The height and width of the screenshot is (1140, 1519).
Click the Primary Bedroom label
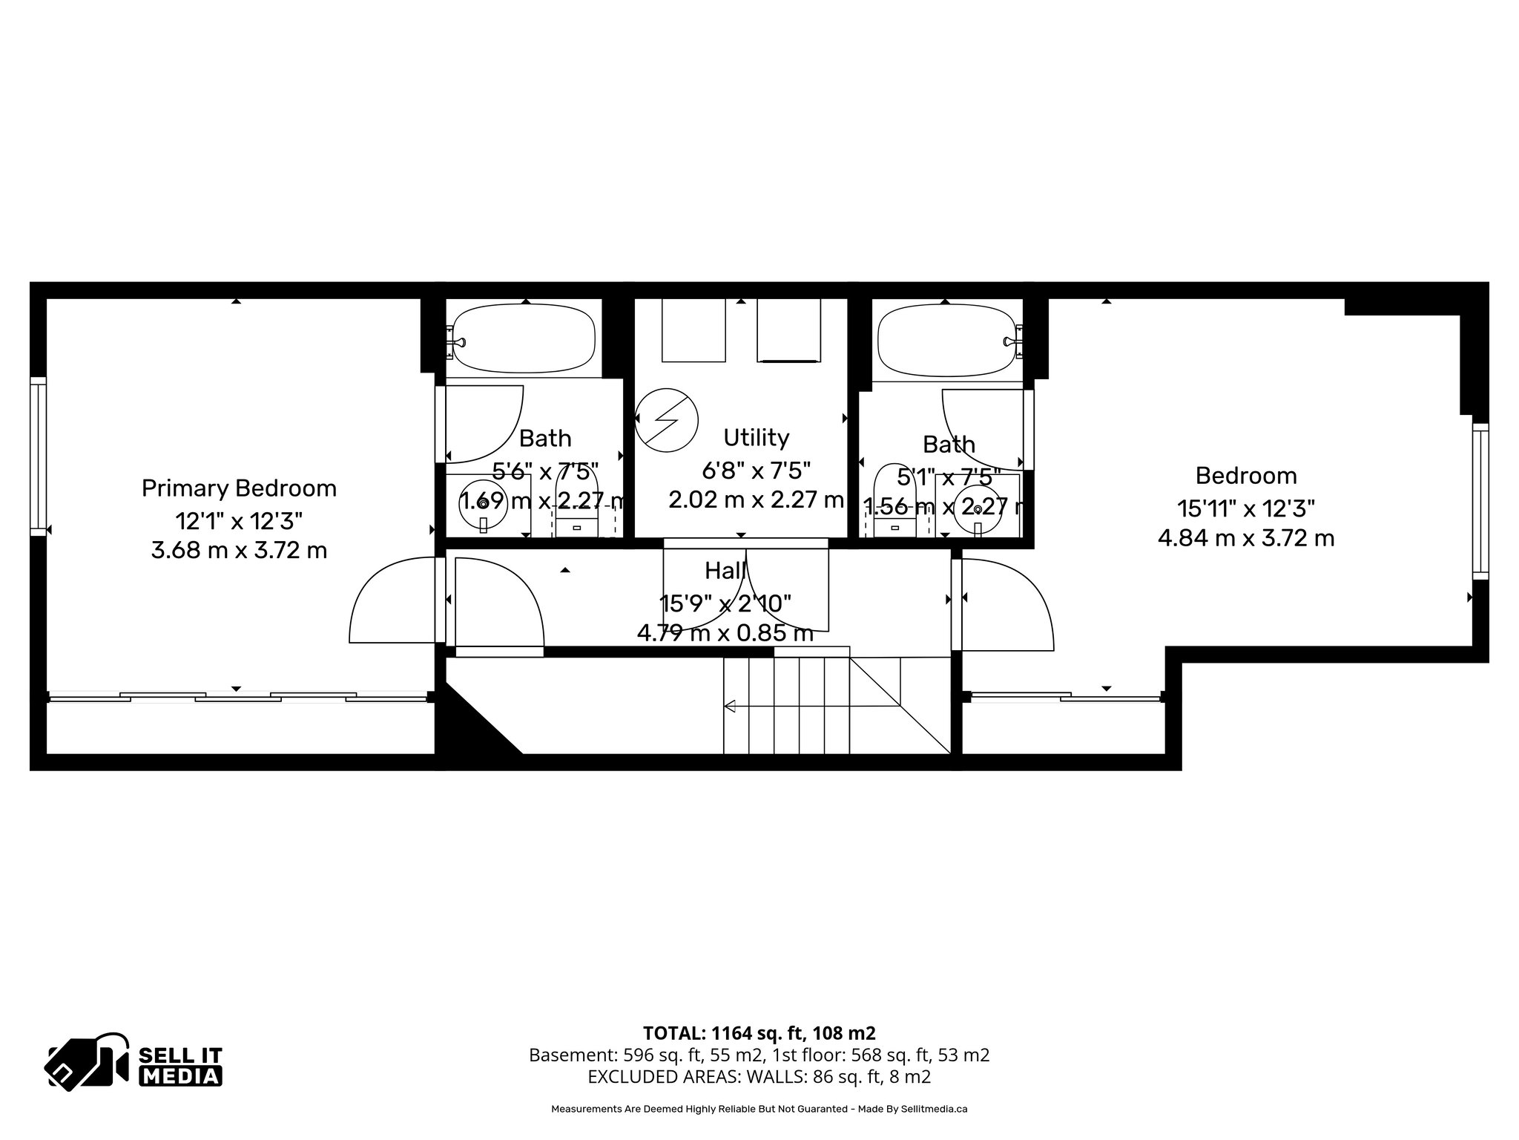(x=239, y=488)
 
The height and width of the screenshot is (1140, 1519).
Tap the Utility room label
(x=756, y=438)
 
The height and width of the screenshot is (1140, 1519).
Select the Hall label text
(x=725, y=571)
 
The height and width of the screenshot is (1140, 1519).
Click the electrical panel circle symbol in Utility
(x=667, y=419)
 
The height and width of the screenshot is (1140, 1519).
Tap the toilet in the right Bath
(x=894, y=501)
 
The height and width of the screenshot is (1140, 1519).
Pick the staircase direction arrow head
(x=729, y=706)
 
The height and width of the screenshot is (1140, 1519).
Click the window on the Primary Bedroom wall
(x=38, y=456)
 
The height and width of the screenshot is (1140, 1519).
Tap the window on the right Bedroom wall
(x=1480, y=501)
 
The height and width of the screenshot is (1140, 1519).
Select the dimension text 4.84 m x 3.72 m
(x=1246, y=538)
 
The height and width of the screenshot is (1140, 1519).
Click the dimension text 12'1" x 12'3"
(x=239, y=521)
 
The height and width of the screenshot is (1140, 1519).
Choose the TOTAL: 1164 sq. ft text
(x=759, y=1032)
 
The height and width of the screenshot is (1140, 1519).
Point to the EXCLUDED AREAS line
(x=759, y=1077)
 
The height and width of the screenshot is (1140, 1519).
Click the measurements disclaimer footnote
(x=759, y=1109)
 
